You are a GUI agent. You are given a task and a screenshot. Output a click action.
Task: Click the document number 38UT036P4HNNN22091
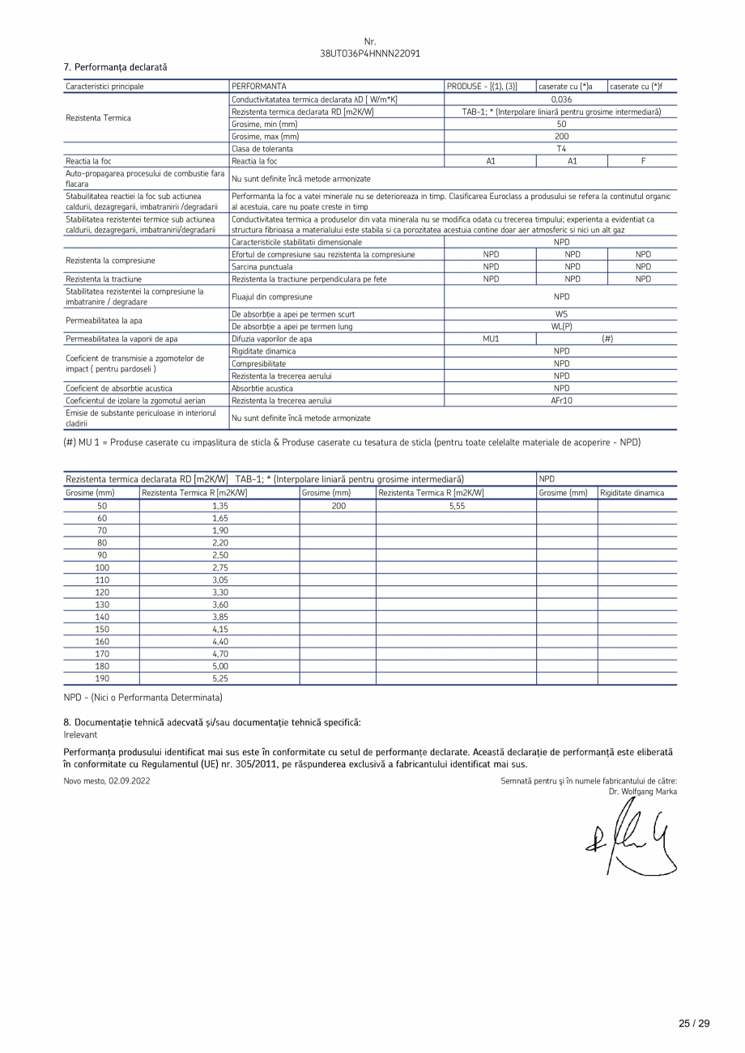(370, 53)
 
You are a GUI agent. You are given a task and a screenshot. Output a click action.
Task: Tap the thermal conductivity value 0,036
(561, 99)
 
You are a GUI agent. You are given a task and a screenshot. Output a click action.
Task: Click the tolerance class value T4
(561, 149)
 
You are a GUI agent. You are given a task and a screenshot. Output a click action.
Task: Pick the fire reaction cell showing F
(643, 161)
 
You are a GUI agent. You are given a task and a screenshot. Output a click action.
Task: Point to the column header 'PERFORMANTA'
(258, 86)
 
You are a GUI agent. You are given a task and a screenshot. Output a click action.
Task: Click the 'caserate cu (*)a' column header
(571, 86)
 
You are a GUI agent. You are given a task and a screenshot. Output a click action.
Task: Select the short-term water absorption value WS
(561, 313)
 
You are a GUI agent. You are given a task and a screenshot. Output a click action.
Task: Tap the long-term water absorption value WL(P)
(561, 326)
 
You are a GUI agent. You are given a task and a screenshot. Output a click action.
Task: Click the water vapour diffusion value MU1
(491, 339)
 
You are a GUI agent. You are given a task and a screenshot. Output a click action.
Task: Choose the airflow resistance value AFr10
(561, 401)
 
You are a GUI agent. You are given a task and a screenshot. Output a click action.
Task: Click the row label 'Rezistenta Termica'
(98, 117)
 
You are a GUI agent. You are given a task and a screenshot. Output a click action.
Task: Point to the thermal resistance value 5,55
(456, 505)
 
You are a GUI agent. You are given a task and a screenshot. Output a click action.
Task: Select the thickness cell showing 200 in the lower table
(338, 505)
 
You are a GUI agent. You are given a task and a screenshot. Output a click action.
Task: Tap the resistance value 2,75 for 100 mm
(219, 567)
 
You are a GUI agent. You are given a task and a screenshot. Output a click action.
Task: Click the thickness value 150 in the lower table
(102, 629)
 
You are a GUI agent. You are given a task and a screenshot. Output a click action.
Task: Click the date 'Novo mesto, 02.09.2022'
(107, 780)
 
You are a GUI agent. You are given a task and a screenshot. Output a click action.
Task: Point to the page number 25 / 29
(694, 1023)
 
